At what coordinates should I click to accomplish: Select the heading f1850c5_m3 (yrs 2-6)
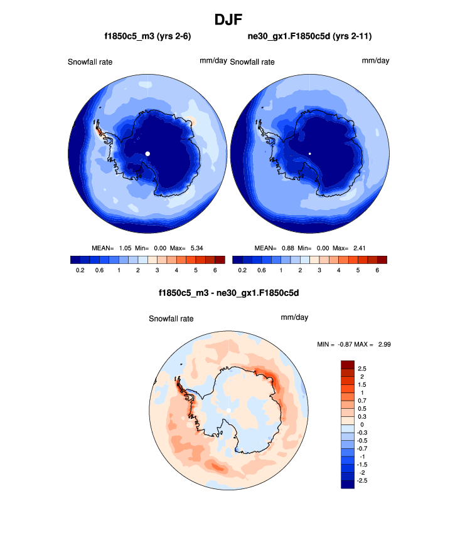tap(147, 37)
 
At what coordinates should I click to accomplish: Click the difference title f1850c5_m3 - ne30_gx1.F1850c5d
tap(230, 292)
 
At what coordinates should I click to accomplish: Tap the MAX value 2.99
tap(384, 344)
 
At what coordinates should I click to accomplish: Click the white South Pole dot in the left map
tap(147, 154)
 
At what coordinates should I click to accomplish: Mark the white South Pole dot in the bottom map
tap(229, 410)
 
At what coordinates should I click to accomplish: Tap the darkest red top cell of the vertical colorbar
tap(348, 364)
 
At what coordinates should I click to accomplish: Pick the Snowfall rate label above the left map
tap(90, 62)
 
